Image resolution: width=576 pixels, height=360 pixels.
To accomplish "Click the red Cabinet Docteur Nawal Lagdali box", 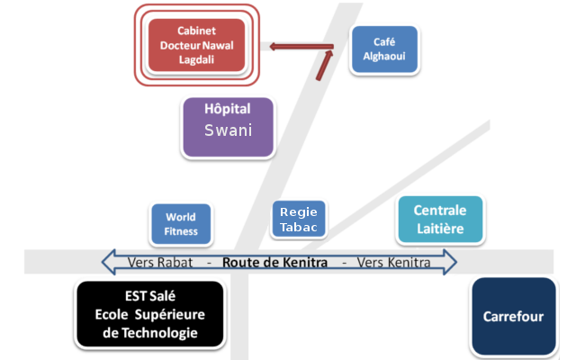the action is pyautogui.click(x=196, y=45).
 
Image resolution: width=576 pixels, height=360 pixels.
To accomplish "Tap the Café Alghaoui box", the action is pyautogui.click(x=384, y=49).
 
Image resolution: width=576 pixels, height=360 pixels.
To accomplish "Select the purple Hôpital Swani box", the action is pyautogui.click(x=228, y=127).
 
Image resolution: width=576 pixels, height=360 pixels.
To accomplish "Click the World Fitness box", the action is pyautogui.click(x=181, y=224).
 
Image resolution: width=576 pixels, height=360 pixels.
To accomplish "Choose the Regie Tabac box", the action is pyautogui.click(x=299, y=219).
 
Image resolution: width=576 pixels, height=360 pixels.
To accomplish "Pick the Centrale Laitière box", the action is pyautogui.click(x=440, y=220).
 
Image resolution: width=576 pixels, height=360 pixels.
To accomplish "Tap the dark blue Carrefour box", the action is pyautogui.click(x=514, y=316).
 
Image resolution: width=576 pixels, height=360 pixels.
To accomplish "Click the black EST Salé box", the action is pyautogui.click(x=150, y=314).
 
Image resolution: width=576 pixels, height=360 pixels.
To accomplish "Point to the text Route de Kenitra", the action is pyautogui.click(x=274, y=263).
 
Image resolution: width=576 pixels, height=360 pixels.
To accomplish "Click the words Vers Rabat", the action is pyautogui.click(x=160, y=263).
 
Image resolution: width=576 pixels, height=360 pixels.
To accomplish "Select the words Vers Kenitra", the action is pyautogui.click(x=394, y=263).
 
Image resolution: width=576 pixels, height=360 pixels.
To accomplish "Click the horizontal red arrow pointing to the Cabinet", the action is pyautogui.click(x=301, y=47).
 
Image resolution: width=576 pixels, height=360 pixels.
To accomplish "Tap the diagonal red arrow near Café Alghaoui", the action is pyautogui.click(x=324, y=66).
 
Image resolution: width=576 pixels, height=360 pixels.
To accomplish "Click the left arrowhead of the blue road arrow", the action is pyautogui.click(x=109, y=262).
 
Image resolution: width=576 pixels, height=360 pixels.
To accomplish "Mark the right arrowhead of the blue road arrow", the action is pyautogui.click(x=450, y=262).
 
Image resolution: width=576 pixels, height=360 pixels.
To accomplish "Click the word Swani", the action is pyautogui.click(x=228, y=130).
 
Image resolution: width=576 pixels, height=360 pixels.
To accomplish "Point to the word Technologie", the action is pyautogui.click(x=160, y=333).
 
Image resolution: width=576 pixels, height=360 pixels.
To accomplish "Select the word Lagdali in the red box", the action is pyautogui.click(x=196, y=59).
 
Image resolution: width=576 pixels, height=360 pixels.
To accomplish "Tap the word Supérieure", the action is pyautogui.click(x=170, y=315).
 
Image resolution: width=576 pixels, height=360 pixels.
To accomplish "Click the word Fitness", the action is pyautogui.click(x=181, y=231).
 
